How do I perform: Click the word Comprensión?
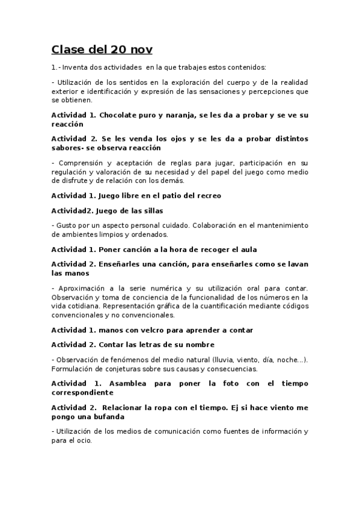pyautogui.click(x=80, y=163)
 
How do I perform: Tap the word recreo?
pyautogui.click(x=208, y=195)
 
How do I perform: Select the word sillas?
pyautogui.click(x=150, y=210)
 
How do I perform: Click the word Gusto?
pyautogui.click(x=66, y=225)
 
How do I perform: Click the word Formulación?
pyautogui.click(x=74, y=368)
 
